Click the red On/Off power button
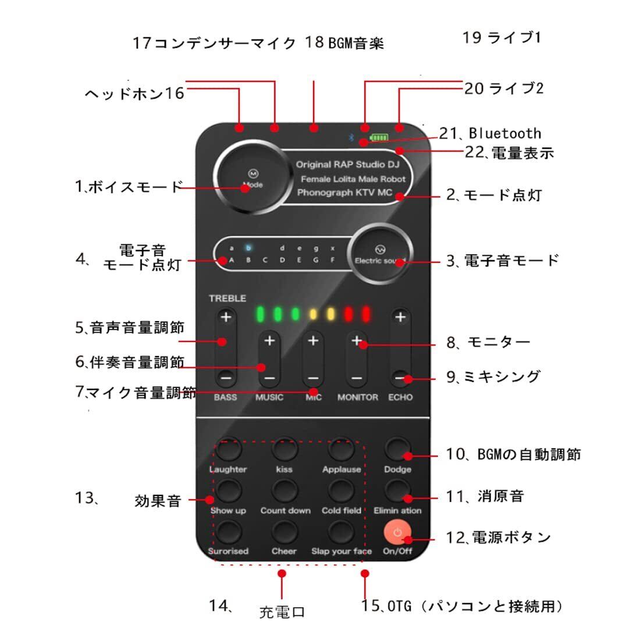point(397,532)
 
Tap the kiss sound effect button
point(285,450)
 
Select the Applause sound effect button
point(342,450)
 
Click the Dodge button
point(397,450)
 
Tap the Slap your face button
point(342,532)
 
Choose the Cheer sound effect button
point(285,532)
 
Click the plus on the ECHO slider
point(400,318)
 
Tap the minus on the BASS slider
point(226,377)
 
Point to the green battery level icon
point(378,138)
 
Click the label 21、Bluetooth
point(490,134)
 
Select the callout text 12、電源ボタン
point(498,537)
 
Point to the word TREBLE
point(227,298)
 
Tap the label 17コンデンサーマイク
point(214,42)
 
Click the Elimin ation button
point(397,490)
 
